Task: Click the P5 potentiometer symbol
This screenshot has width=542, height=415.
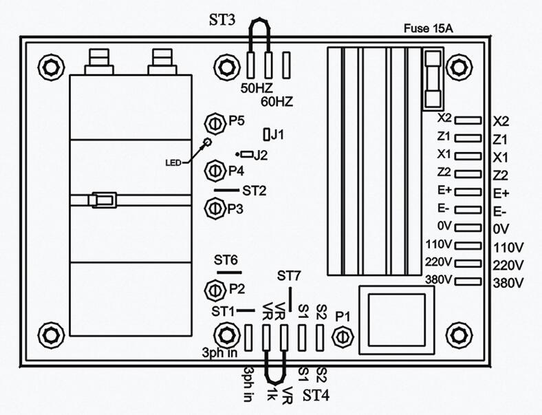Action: pyautogui.click(x=214, y=123)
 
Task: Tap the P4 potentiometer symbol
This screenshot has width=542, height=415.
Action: pyautogui.click(x=214, y=169)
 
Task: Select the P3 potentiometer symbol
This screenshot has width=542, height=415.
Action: pyautogui.click(x=214, y=207)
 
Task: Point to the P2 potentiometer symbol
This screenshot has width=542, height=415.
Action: pyautogui.click(x=213, y=288)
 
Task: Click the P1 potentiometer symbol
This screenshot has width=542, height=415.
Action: pyautogui.click(x=343, y=335)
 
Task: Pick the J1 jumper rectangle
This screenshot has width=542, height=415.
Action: pyautogui.click(x=267, y=133)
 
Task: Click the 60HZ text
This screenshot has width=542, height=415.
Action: pyautogui.click(x=277, y=101)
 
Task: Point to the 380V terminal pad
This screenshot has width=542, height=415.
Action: pyautogui.click(x=468, y=281)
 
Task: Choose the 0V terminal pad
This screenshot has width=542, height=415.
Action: pyautogui.click(x=468, y=227)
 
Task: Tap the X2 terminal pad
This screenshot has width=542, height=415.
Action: pyautogui.click(x=468, y=120)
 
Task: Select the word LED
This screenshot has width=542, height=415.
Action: pyautogui.click(x=173, y=162)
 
